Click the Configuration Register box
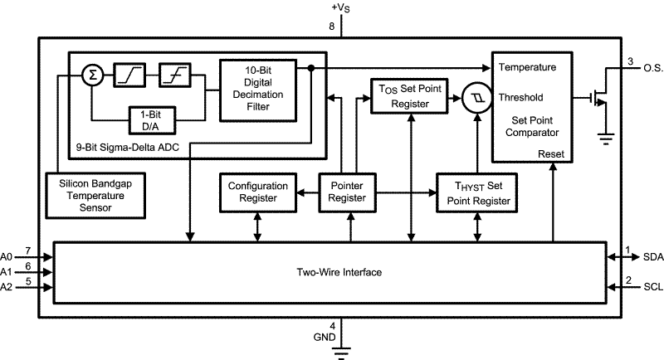click(258, 192)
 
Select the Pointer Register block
click(347, 192)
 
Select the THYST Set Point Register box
click(476, 192)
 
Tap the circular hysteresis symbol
click(476, 97)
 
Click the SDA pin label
click(653, 257)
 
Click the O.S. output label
click(653, 68)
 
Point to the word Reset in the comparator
click(550, 153)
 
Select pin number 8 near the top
click(332, 27)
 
